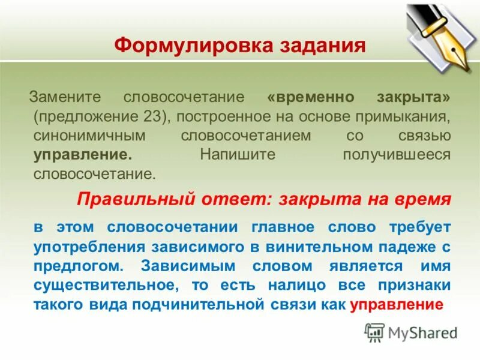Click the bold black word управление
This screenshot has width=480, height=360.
tap(83, 155)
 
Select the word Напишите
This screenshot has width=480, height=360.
tap(238, 155)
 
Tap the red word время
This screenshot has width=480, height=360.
tap(425, 200)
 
